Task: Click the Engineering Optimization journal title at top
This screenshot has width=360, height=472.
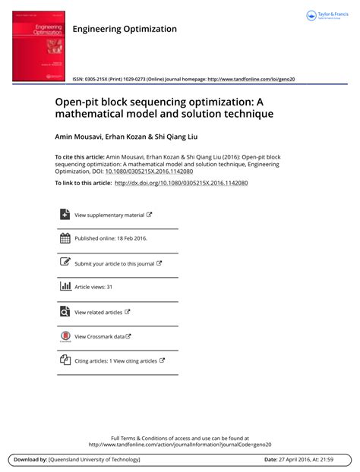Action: click(125, 29)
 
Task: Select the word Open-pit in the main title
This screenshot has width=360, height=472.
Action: click(76, 100)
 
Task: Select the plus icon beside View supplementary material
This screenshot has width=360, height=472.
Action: click(65, 215)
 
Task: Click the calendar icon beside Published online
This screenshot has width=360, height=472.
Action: click(65, 238)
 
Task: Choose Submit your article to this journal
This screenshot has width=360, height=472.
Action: click(115, 263)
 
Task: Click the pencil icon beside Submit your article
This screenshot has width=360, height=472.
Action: click(65, 263)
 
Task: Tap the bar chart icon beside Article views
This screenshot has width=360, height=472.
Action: click(65, 287)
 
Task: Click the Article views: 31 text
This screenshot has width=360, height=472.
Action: click(93, 288)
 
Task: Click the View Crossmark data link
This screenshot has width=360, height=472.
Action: click(99, 336)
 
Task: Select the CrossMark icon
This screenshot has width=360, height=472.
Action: click(65, 336)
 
